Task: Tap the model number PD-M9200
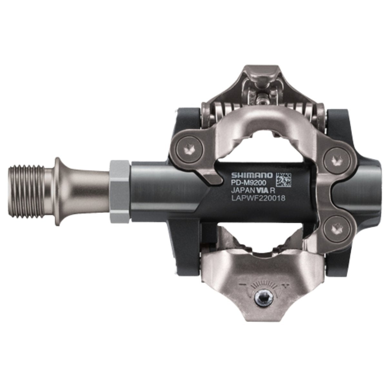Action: [247, 183]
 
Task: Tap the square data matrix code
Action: [284, 180]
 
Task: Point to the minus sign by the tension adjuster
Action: [242, 284]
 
